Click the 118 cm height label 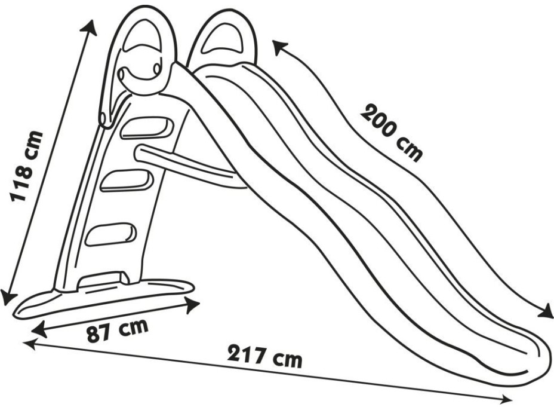[x=26, y=166]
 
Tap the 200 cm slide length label [x=392, y=132]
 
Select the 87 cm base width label [x=118, y=330]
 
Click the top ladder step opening [x=147, y=128]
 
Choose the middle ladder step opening [x=127, y=180]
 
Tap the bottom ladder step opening [x=110, y=234]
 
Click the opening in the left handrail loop [x=141, y=35]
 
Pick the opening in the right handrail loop [x=223, y=39]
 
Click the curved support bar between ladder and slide [x=187, y=165]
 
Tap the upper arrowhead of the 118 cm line [x=90, y=27]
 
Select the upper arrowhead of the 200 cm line [x=279, y=47]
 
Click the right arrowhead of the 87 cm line [x=192, y=305]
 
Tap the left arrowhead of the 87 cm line [x=39, y=329]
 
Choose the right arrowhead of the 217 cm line [x=504, y=399]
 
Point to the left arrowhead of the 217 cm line [x=30, y=344]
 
